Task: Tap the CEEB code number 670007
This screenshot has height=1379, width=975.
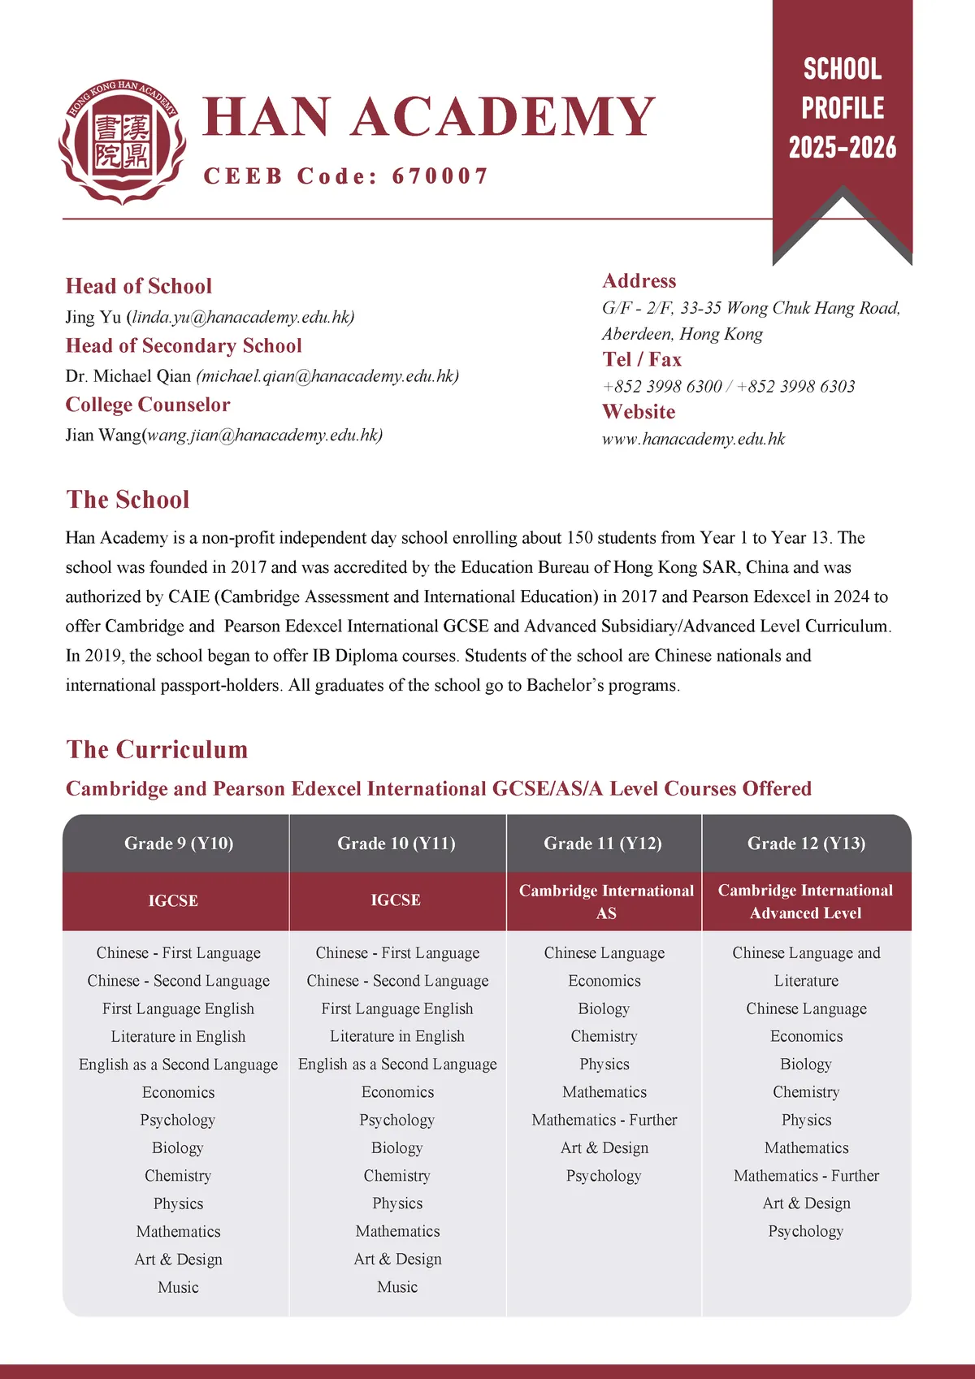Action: (x=440, y=176)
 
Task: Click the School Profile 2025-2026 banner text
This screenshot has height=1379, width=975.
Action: (x=843, y=108)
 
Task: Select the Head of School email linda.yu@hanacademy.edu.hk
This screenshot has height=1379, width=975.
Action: (x=242, y=317)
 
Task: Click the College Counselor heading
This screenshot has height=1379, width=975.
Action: (x=148, y=405)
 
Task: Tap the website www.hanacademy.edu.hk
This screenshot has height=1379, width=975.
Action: (x=693, y=440)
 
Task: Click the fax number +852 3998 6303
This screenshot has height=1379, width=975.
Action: (x=796, y=387)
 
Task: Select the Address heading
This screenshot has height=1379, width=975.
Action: (x=639, y=281)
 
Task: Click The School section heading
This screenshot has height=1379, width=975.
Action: (x=128, y=500)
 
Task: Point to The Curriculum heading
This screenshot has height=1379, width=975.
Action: (x=157, y=749)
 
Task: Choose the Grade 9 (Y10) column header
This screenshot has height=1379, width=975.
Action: (x=179, y=843)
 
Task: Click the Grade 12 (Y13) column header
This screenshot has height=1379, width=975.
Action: (x=806, y=843)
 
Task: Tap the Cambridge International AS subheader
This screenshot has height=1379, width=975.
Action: (x=606, y=902)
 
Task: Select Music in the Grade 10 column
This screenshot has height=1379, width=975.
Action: (x=397, y=1287)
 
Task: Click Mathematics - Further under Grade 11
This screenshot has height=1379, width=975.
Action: (x=604, y=1120)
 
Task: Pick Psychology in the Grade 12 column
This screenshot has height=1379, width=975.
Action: (x=806, y=1231)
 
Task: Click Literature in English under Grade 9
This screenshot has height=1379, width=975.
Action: (x=178, y=1037)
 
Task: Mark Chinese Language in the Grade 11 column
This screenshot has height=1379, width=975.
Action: (x=604, y=953)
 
